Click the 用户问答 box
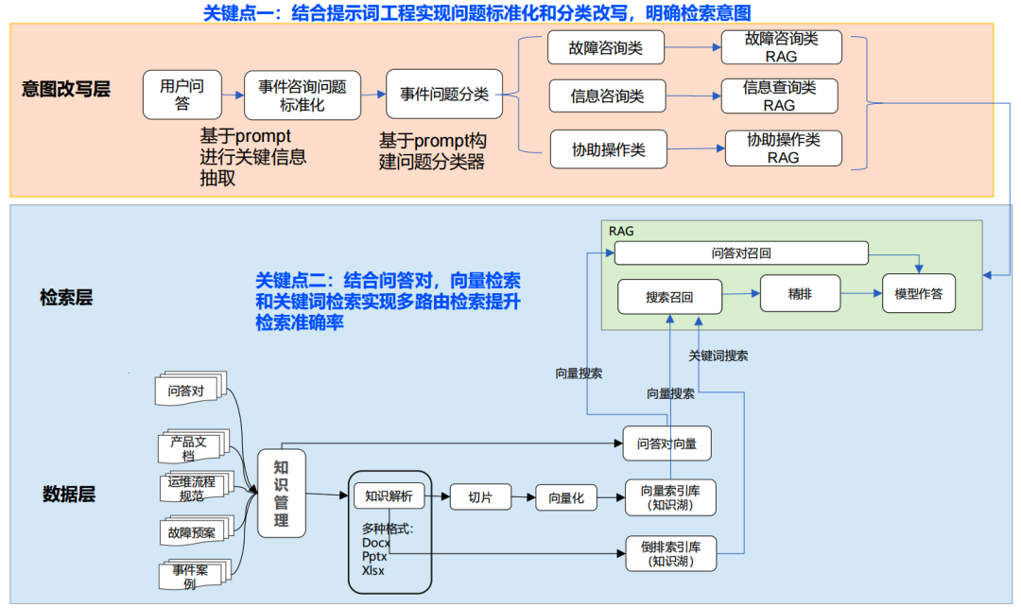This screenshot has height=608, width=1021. (182, 95)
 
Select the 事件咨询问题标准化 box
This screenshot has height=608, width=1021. (303, 95)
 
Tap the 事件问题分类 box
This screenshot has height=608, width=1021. (444, 95)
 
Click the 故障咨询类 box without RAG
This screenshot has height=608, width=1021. (606, 48)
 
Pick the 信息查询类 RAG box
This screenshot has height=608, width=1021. (780, 96)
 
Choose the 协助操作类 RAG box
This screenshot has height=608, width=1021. (783, 148)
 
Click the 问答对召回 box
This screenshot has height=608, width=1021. (741, 253)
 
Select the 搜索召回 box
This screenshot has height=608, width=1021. (669, 296)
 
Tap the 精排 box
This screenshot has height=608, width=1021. (800, 294)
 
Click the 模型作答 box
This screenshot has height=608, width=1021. (918, 294)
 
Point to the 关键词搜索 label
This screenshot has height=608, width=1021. (718, 356)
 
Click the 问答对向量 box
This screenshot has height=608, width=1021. (667, 443)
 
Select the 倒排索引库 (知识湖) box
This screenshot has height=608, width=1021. (670, 553)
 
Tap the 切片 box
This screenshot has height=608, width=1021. (480, 496)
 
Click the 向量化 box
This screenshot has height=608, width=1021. (567, 497)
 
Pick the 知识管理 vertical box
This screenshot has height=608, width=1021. (281, 494)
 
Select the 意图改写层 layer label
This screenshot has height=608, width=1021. (66, 90)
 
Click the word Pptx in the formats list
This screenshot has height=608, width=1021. (375, 557)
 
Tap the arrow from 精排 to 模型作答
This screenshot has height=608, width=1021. (860, 294)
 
